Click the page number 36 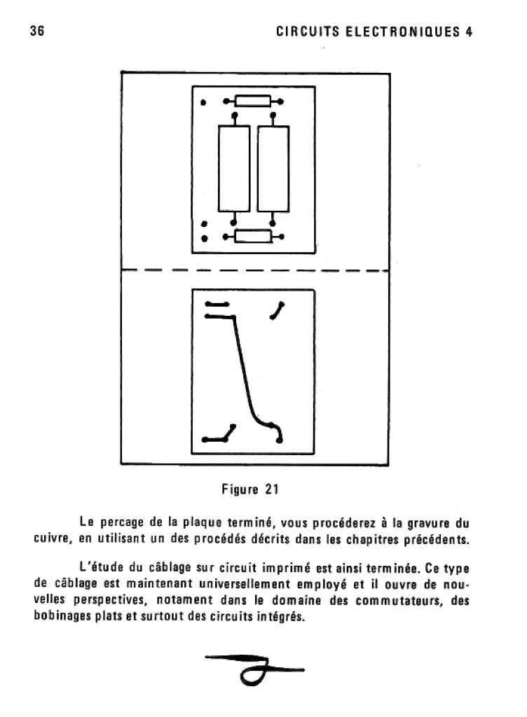pos(37,32)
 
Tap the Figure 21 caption pos(250,489)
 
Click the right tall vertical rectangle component pos(273,168)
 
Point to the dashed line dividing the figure pos(255,271)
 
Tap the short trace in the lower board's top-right pos(278,311)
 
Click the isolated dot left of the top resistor pos(204,102)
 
